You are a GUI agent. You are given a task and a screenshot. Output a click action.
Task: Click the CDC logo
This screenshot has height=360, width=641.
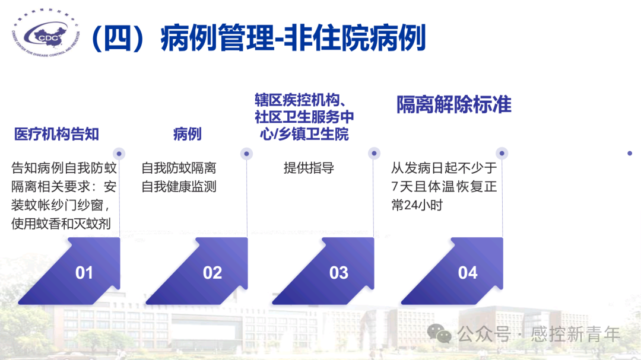(x=46, y=33)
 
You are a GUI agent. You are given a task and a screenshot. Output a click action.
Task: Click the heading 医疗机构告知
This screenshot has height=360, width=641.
(x=56, y=134)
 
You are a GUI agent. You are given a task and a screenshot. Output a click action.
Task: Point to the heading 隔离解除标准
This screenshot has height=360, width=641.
(x=454, y=104)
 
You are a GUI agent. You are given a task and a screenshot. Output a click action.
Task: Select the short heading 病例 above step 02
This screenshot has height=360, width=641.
(x=187, y=134)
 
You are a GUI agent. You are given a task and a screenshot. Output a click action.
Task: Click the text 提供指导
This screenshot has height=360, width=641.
(x=309, y=168)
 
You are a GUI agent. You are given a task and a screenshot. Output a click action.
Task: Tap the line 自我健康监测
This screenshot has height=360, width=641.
(x=179, y=187)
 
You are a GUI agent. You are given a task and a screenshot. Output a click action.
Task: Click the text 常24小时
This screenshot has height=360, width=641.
(x=417, y=205)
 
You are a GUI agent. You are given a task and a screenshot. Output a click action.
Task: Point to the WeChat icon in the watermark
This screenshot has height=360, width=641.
(x=439, y=333)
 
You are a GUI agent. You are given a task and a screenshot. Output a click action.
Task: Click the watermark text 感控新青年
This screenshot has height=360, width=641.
(x=576, y=334)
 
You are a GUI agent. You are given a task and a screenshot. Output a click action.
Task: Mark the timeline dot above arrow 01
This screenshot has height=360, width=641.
(x=119, y=154)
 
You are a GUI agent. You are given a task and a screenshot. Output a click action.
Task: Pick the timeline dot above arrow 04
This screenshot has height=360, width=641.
(x=502, y=153)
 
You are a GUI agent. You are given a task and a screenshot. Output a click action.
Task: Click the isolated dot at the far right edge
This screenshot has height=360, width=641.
(x=630, y=153)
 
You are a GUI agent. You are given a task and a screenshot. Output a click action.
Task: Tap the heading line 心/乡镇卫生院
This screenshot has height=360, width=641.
(x=304, y=134)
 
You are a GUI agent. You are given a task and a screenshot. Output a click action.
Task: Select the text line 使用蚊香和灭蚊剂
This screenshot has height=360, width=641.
(x=61, y=224)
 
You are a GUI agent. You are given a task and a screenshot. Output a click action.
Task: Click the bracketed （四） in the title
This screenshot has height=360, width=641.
(x=118, y=38)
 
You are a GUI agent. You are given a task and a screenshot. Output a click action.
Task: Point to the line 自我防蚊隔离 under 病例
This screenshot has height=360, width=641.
(x=179, y=168)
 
